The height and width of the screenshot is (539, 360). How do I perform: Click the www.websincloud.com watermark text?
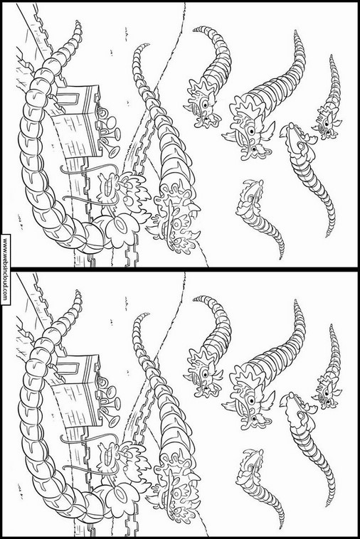pos(5,269)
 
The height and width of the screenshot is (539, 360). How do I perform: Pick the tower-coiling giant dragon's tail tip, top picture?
pos(78,23)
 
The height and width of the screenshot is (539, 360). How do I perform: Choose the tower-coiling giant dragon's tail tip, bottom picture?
pos(78,292)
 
